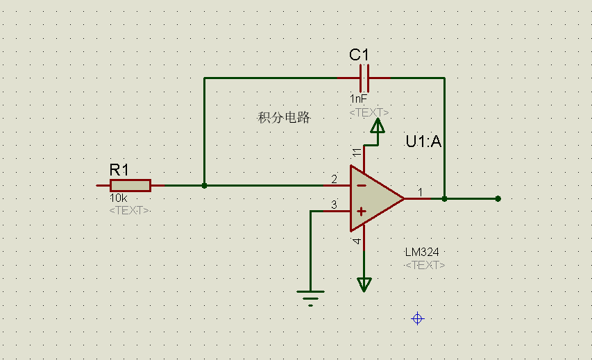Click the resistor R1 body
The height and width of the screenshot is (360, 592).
click(x=130, y=185)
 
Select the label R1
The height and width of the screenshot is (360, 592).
click(x=119, y=169)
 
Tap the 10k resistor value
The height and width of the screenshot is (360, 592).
click(x=117, y=198)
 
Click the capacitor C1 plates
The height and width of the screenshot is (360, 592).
click(x=364, y=77)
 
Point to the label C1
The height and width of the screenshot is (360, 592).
click(x=360, y=55)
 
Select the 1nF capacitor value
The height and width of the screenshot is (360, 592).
click(x=358, y=99)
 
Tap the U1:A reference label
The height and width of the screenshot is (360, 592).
click(x=424, y=142)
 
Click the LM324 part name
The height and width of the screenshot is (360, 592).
click(x=422, y=252)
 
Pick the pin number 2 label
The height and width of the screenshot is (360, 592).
click(x=334, y=180)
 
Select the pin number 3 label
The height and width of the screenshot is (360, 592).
click(x=334, y=205)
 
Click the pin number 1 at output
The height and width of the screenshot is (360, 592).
click(x=420, y=191)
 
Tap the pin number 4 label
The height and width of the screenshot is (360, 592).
click(x=357, y=241)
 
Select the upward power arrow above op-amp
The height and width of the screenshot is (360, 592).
click(x=377, y=126)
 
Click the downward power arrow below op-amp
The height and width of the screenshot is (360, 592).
click(x=364, y=284)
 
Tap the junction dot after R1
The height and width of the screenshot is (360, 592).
click(x=204, y=185)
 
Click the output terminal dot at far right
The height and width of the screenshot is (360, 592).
click(x=498, y=198)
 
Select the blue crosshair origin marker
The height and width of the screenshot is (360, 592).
click(x=417, y=318)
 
